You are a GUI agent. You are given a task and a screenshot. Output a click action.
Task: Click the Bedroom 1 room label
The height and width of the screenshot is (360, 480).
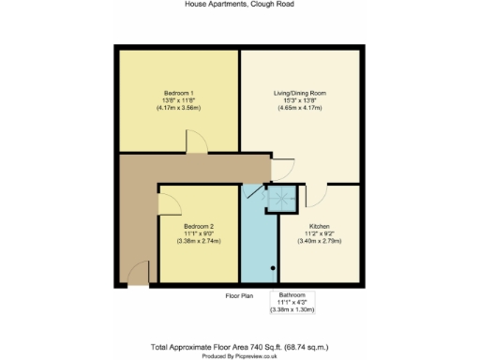tap(178, 94)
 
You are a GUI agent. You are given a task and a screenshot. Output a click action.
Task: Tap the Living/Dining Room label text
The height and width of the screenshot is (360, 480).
tap(299, 94)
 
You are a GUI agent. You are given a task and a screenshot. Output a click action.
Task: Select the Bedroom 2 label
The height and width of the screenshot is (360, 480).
tap(199, 226)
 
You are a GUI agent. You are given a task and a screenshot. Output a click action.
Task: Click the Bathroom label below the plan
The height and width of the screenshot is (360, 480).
tap(292, 293)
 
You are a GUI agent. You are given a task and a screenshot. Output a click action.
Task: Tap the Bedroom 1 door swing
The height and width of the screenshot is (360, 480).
tap(197, 142)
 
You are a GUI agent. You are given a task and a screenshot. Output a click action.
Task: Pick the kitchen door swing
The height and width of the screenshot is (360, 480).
tap(315, 194)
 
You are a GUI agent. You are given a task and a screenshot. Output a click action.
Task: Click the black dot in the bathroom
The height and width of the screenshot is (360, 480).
tap(273, 269)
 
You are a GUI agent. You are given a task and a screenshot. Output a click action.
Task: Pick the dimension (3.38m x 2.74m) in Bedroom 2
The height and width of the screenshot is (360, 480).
tap(199, 241)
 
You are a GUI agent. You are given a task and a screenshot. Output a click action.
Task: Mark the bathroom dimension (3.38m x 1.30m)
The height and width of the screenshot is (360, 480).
tap(292, 308)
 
